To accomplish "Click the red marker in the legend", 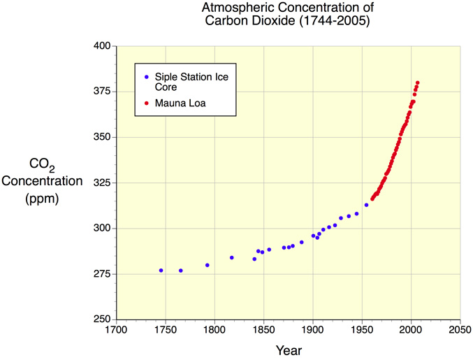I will point(145,103).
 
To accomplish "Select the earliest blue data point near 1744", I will point(161,271).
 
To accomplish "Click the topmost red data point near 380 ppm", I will point(417,82).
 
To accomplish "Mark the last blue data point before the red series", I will point(366,205).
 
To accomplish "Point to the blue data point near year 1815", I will point(231,257).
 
